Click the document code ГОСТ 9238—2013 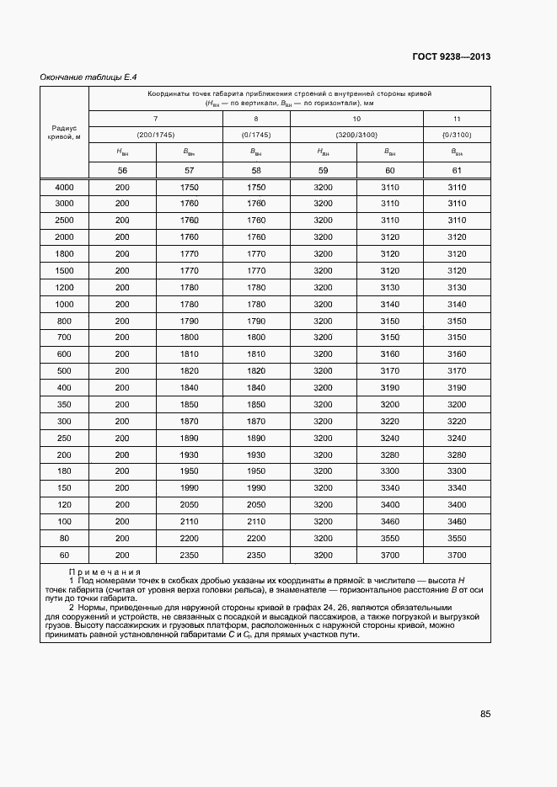click(451, 57)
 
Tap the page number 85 click(485, 714)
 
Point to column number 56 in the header click(122, 170)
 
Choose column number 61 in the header click(457, 170)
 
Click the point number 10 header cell click(356, 119)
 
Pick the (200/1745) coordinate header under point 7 click(155, 135)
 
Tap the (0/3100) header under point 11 click(457, 135)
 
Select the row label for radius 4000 click(64, 187)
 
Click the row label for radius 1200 click(64, 287)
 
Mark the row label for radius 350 click(64, 404)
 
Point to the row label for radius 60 click(64, 555)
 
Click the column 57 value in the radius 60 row click(189, 555)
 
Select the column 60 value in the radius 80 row click(390, 538)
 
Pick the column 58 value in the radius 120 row click(256, 504)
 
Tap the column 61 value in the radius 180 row click(457, 471)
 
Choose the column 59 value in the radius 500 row click(323, 370)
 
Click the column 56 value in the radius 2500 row click(122, 220)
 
